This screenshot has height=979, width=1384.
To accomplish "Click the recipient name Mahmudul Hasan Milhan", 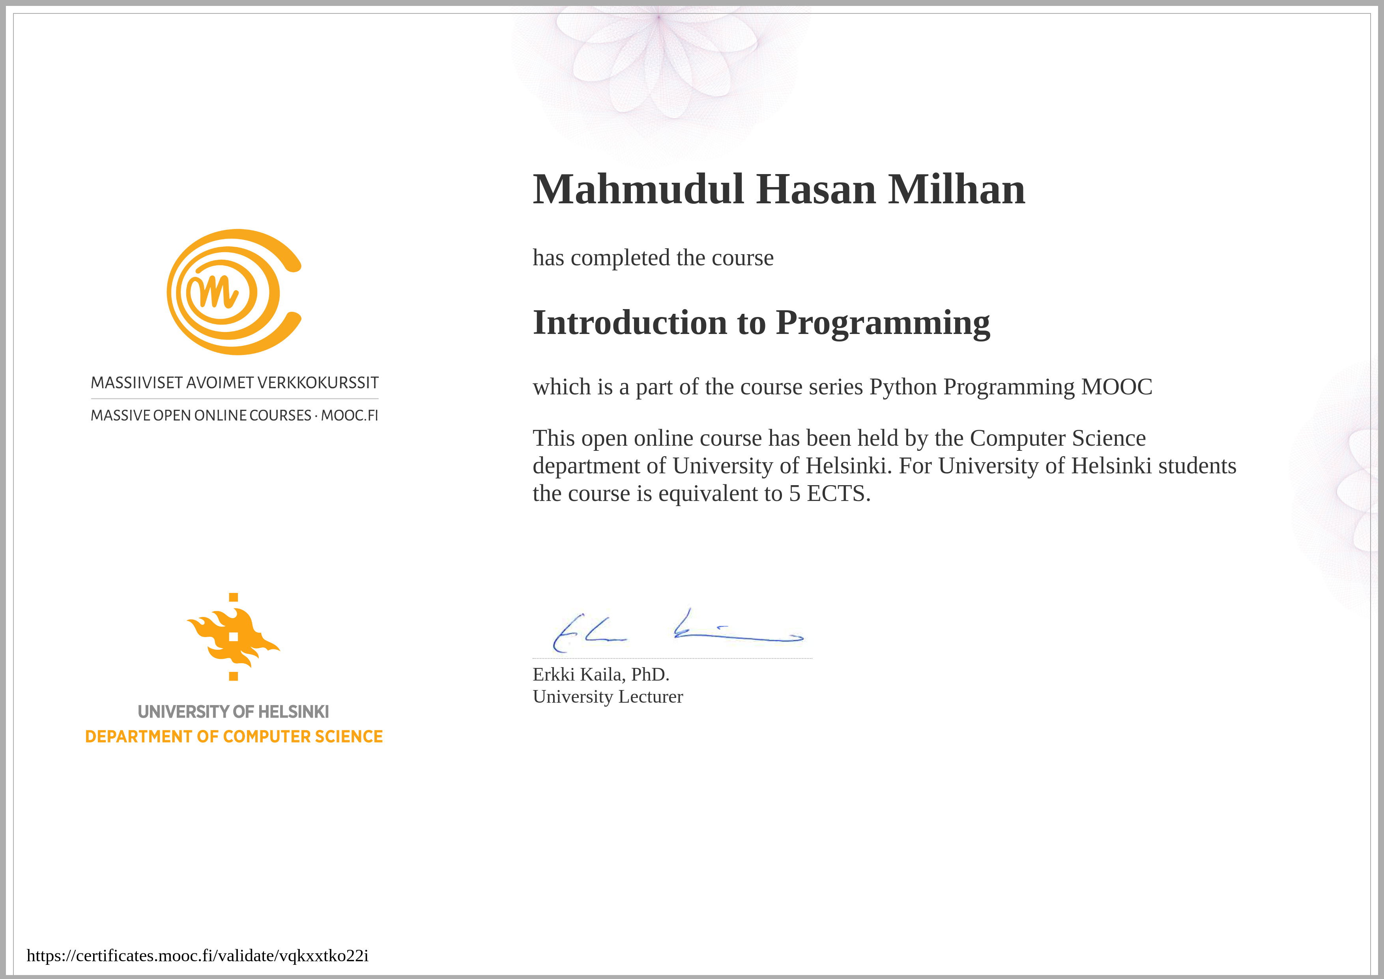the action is point(779,189).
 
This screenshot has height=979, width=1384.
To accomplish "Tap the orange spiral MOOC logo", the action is point(234,292).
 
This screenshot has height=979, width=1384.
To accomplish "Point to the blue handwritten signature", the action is point(678,631).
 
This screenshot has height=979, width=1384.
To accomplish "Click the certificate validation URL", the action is point(198,955).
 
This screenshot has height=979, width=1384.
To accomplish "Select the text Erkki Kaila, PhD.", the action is point(601,674).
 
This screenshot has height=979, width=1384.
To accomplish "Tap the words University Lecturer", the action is point(608,697).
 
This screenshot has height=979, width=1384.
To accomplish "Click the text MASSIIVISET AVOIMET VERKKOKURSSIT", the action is point(234,383).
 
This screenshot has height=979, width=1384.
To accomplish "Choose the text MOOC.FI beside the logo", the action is point(350,416).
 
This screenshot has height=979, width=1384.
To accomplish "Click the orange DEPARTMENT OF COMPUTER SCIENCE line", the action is point(234,737).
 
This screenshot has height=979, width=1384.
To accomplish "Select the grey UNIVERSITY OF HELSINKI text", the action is point(233,712).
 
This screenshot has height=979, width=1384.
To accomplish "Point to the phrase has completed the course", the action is point(653,258).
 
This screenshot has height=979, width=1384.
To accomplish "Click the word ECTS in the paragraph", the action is point(838,494).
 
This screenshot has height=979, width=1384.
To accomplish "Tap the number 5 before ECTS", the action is point(795,494).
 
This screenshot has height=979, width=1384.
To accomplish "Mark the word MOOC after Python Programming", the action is point(1117,386).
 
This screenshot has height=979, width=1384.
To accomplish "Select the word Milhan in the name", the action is point(957,189).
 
